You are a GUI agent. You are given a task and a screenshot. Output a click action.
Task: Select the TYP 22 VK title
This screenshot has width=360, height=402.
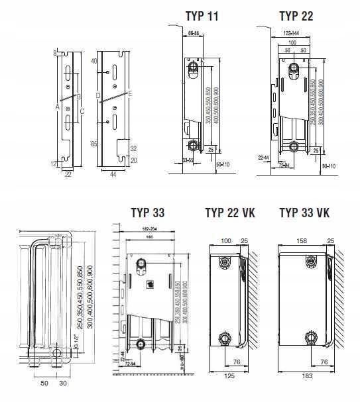point(230,213)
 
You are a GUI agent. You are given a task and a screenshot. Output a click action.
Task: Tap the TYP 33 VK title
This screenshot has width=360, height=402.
point(304,213)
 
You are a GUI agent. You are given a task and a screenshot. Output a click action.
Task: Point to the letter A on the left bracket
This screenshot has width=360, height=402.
point(58,106)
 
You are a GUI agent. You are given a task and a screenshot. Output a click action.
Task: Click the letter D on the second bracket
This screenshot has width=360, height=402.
point(98,95)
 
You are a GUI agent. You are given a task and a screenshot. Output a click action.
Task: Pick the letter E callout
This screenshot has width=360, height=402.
point(130,95)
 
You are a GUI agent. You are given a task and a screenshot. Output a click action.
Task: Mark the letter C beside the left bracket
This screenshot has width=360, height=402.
point(82,111)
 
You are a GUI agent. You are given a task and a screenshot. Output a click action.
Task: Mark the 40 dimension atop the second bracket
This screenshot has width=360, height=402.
point(93,61)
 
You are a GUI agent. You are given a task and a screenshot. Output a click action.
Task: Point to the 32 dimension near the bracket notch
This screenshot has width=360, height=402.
point(133,148)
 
